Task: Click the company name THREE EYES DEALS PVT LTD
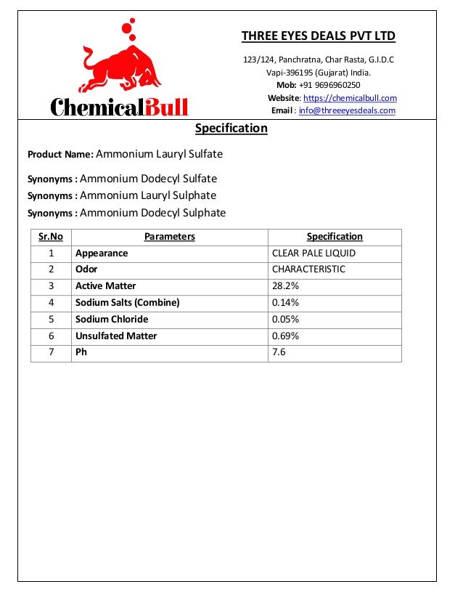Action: point(318,36)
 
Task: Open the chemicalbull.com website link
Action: point(350,98)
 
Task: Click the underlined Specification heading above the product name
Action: point(231,129)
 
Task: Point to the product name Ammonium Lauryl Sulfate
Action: point(159,154)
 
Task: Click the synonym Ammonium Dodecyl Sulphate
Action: point(152,213)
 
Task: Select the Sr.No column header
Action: point(51,237)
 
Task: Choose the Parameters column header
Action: point(170,237)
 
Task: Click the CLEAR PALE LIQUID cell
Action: point(314,254)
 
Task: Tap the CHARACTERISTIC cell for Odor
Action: point(308,269)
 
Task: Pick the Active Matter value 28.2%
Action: point(285,286)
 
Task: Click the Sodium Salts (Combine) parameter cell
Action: point(127,303)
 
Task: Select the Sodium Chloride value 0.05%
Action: point(285,320)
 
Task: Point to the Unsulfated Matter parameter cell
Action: point(116,336)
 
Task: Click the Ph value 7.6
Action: point(279,352)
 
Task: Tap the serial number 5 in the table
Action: point(51,320)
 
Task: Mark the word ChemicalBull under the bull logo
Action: point(119,108)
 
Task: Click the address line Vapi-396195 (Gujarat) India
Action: point(318,73)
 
